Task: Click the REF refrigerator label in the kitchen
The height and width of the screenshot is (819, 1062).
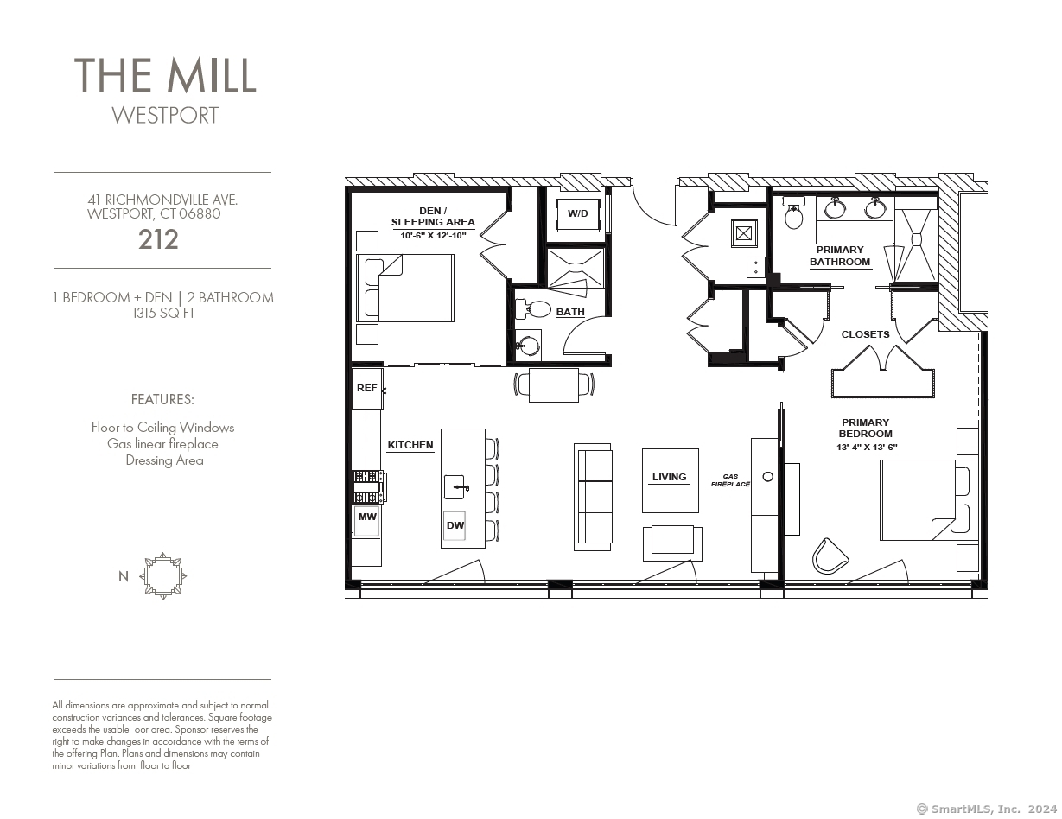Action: [x=366, y=388]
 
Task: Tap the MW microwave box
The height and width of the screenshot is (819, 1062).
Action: [x=366, y=517]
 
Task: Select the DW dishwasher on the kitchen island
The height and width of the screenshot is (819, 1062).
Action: [x=455, y=525]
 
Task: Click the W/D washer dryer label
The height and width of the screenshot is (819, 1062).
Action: [x=577, y=213]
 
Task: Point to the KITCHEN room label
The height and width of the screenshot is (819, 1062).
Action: [x=410, y=445]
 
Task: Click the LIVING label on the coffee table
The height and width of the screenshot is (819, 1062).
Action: [x=669, y=477]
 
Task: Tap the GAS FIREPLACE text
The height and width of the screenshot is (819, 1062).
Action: [x=730, y=480]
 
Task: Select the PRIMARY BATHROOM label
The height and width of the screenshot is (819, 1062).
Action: [x=839, y=256]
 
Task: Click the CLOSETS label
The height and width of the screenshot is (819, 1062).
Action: [x=865, y=334]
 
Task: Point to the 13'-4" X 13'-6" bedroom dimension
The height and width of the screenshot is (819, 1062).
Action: [x=866, y=448]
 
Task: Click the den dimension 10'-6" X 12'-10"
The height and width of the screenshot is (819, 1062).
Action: [x=433, y=235]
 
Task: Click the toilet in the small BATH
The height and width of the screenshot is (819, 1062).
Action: [x=535, y=309]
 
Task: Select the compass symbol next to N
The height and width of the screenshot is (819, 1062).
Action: [x=163, y=575]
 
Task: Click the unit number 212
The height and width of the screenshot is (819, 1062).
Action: [x=158, y=240]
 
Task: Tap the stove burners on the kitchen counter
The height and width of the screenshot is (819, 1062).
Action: [x=368, y=486]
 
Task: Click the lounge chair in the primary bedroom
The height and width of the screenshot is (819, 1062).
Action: [x=830, y=555]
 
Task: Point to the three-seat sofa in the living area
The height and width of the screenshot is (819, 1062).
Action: [x=594, y=497]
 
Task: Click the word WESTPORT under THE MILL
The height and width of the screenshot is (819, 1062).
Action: [x=165, y=115]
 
